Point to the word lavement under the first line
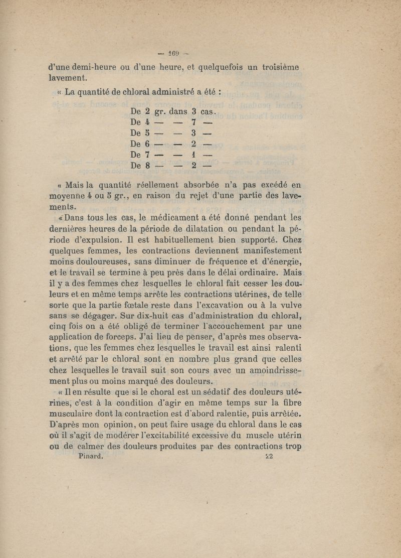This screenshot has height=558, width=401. pos(70,78)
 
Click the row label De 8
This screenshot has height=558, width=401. pos(140,165)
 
